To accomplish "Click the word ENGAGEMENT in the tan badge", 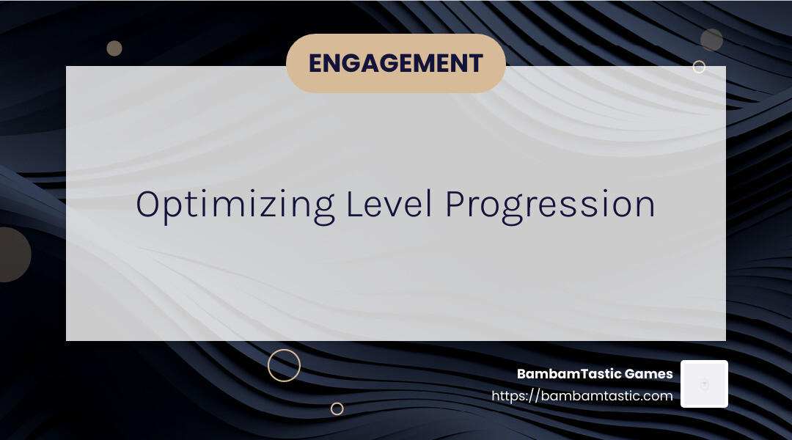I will pos(395,63).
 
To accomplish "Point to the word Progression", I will pos(550,205).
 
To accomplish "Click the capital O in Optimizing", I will pos(148,204).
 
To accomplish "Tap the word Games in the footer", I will pos(648,374).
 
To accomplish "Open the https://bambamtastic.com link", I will pos(582,396).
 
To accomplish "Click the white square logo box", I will pos(704,384).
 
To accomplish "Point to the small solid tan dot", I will pos(114,48).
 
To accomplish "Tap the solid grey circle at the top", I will pos(711,40).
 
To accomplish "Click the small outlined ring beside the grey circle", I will pos(699,67).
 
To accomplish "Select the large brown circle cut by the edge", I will pos(10,254).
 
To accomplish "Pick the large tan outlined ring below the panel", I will pos(284,365).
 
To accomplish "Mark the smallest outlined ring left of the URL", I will pos(337,408).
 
